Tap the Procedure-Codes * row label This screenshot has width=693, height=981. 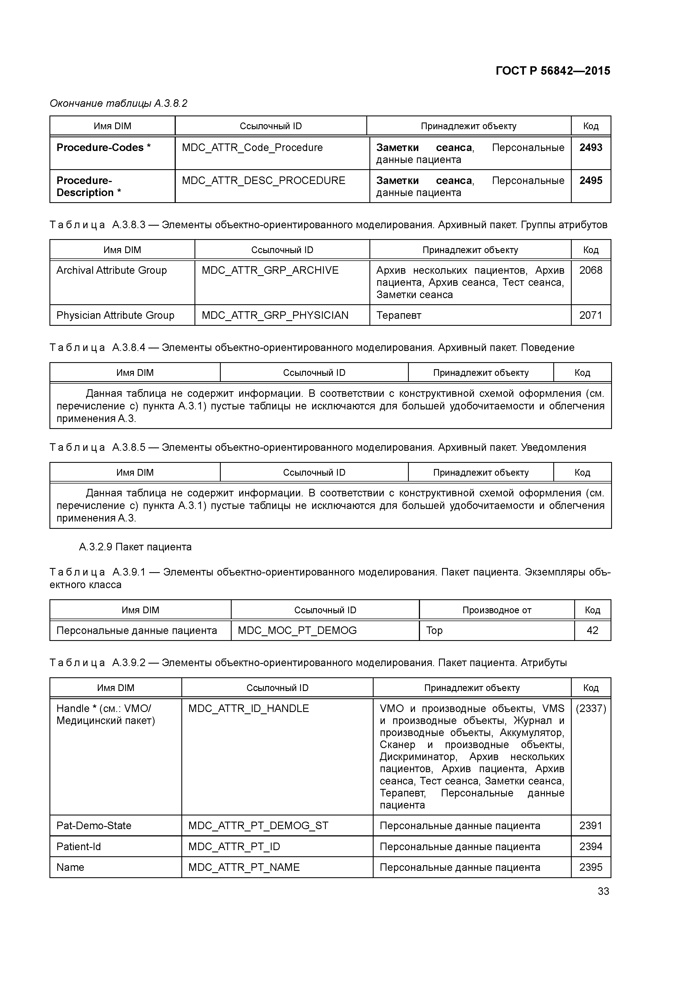(x=103, y=148)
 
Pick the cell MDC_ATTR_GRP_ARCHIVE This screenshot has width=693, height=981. (x=270, y=270)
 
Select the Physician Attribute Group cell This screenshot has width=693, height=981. (x=115, y=315)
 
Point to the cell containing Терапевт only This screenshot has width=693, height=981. (x=399, y=315)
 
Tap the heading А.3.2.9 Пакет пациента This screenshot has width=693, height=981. (x=135, y=547)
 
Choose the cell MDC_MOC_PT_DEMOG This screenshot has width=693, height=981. (x=297, y=631)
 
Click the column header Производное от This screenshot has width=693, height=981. (x=497, y=610)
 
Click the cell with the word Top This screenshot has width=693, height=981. (x=434, y=631)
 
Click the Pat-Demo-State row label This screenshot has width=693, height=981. (x=94, y=826)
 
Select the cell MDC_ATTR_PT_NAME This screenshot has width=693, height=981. (x=244, y=867)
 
